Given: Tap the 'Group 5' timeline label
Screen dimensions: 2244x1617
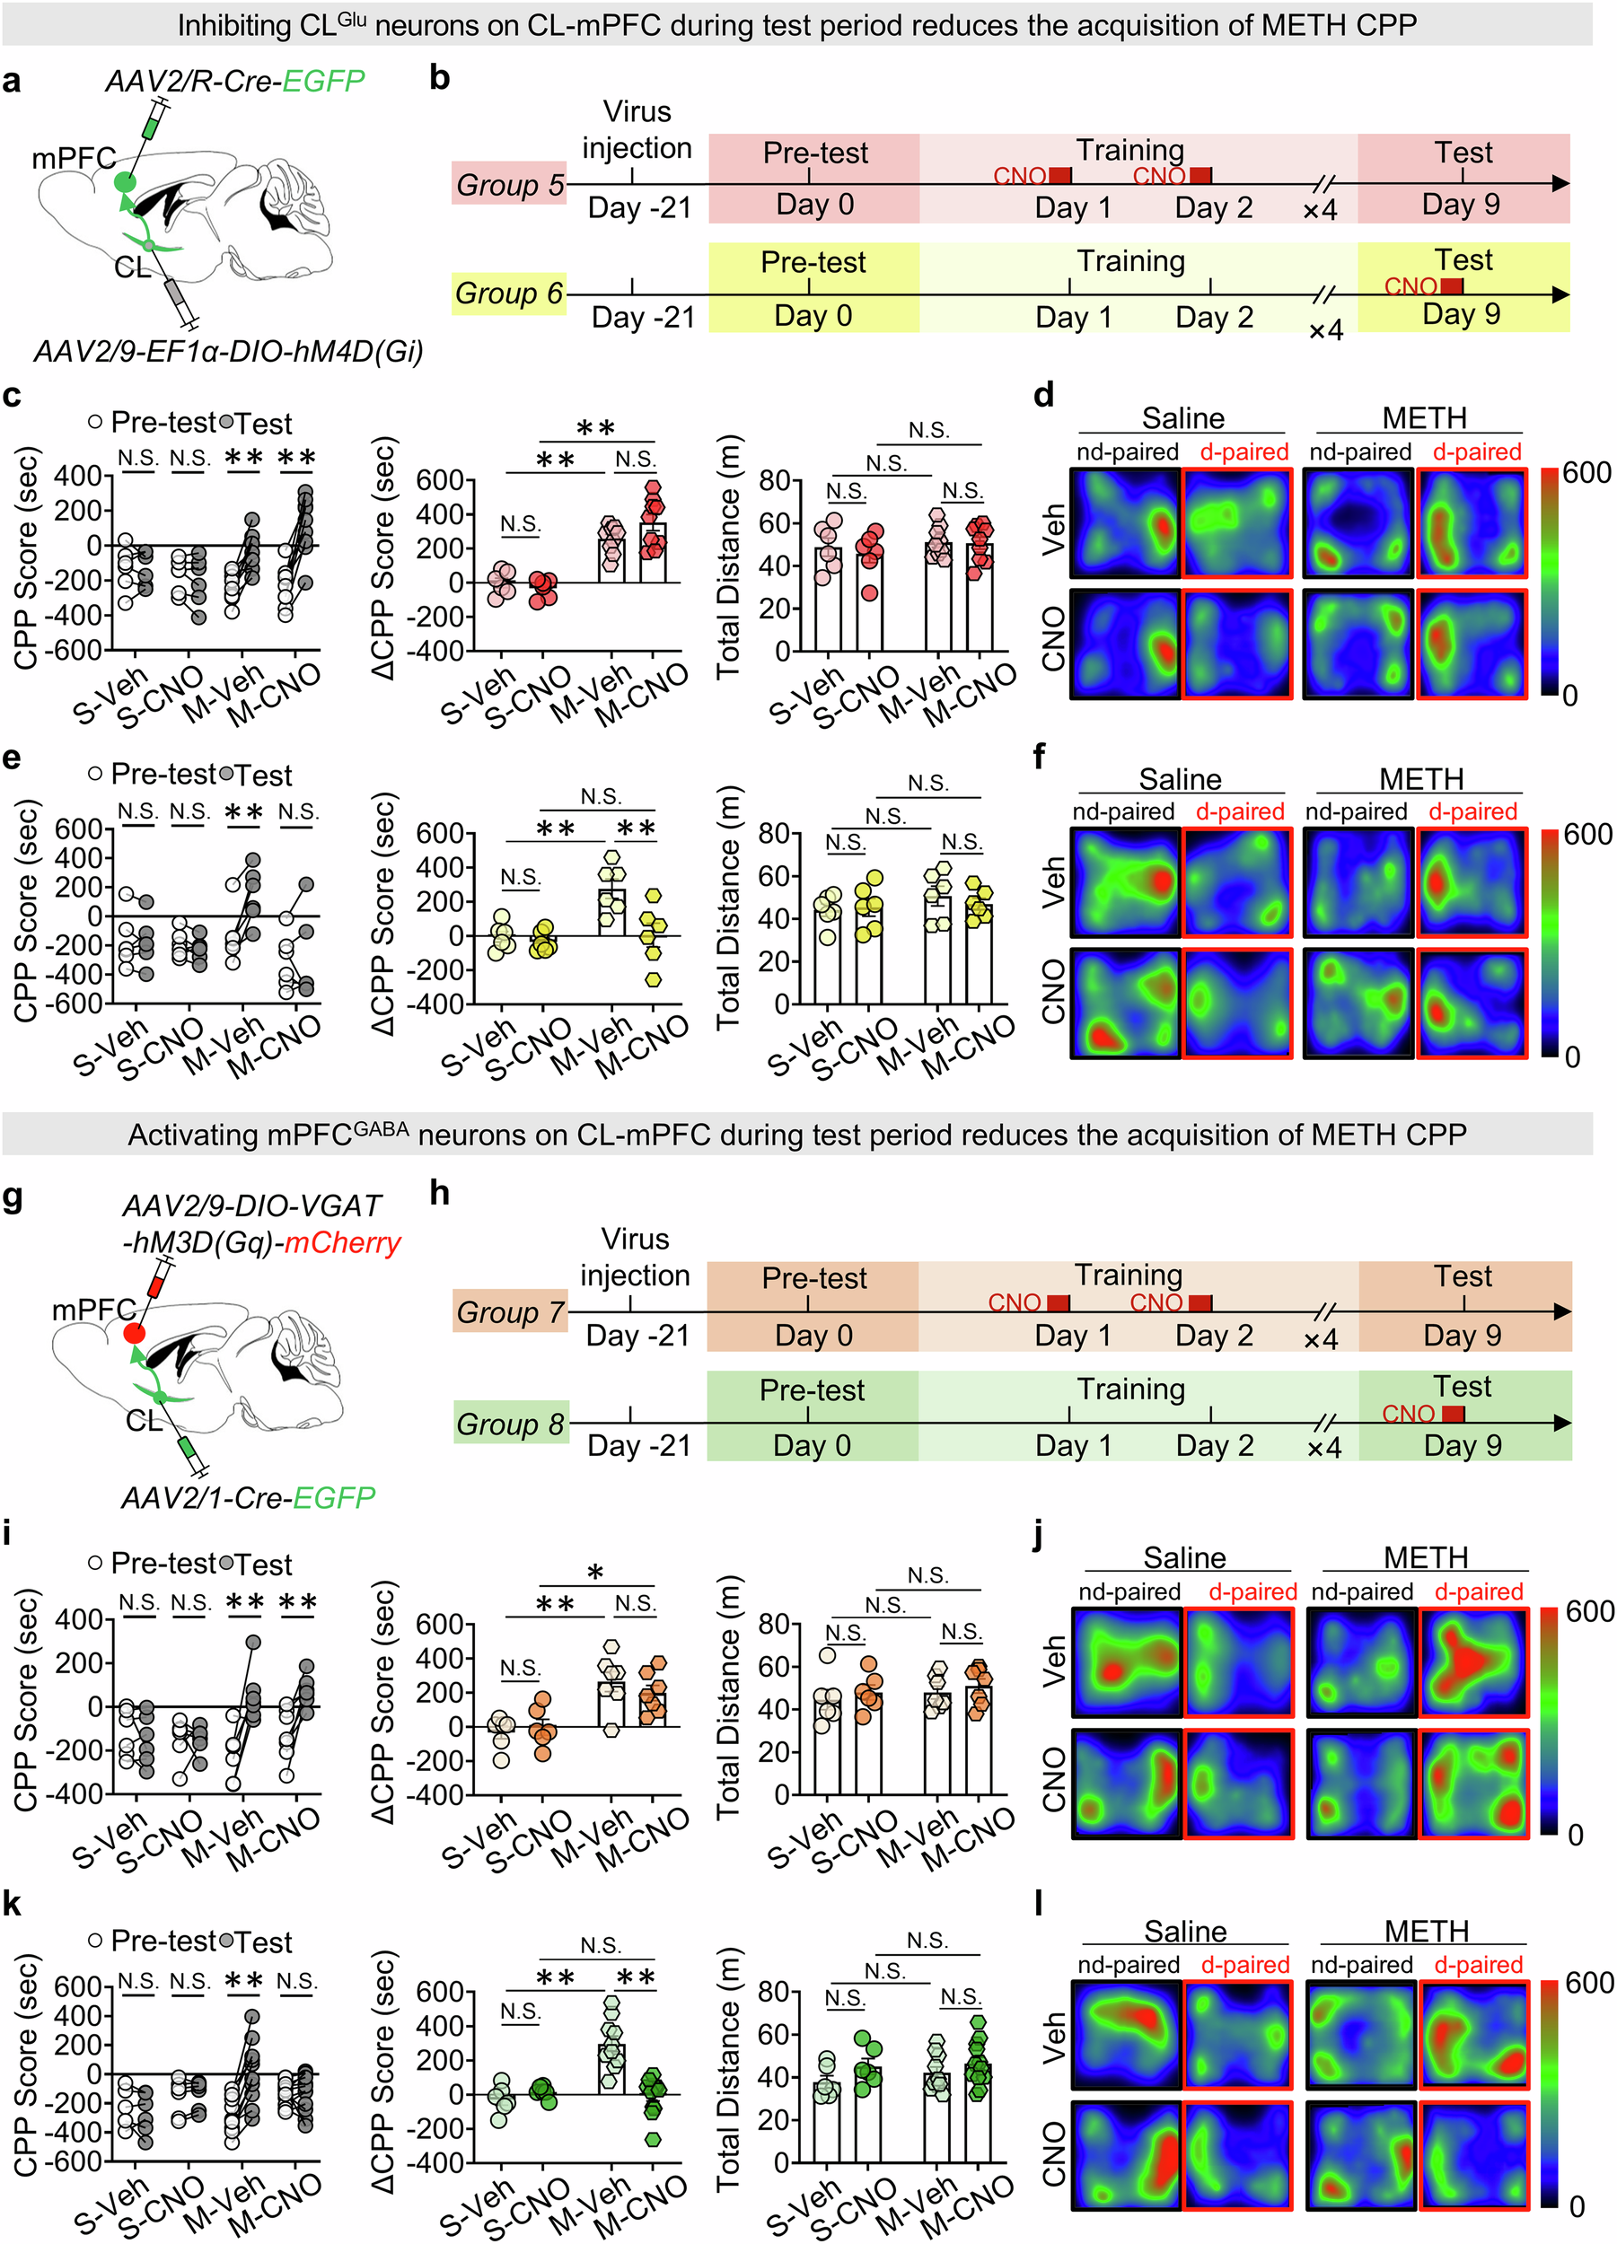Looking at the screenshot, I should (x=509, y=185).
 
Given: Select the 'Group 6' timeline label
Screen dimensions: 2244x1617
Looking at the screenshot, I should (x=509, y=294).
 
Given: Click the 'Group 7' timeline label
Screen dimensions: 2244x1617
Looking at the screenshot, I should (x=510, y=1313).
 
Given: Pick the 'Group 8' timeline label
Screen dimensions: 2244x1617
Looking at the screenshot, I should (x=510, y=1424).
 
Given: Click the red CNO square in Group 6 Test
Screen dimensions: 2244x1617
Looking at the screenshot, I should (x=1451, y=286).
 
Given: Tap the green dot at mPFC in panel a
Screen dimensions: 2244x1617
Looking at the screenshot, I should (x=125, y=182).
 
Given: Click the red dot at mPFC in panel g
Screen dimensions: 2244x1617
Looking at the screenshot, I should (x=135, y=1334).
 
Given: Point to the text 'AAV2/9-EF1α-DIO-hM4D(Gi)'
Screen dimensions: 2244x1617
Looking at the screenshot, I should (x=229, y=351).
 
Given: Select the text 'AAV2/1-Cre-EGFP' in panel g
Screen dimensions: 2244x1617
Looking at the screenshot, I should (x=248, y=1498).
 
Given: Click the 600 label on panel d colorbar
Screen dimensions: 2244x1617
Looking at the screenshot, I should (x=1587, y=473).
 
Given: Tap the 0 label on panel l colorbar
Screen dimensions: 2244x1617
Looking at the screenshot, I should (x=1577, y=2205).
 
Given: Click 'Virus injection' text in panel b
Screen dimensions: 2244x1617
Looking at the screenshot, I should (x=637, y=129).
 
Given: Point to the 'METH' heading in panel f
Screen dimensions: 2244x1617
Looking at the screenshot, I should (x=1421, y=779).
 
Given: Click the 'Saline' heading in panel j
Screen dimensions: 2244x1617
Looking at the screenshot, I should (x=1184, y=1557).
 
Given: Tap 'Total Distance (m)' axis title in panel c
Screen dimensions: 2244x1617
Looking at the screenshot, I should (x=729, y=556).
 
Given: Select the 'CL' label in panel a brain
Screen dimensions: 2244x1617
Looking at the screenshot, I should (x=132, y=268).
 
